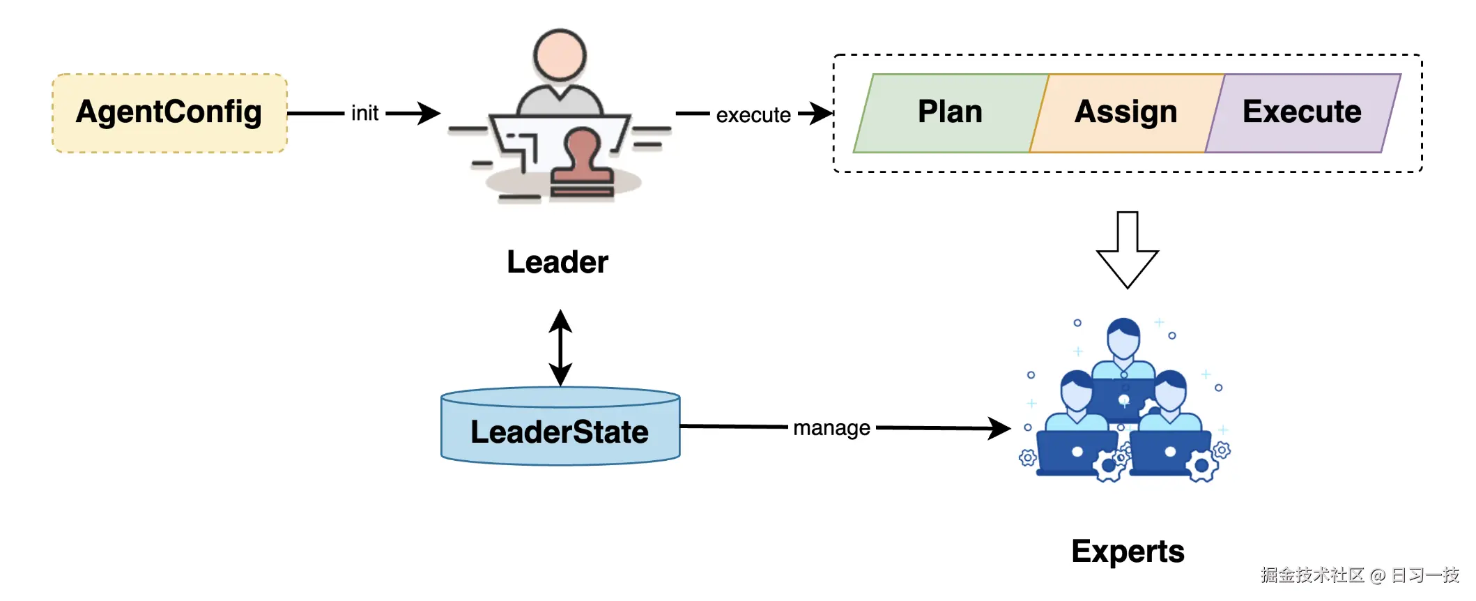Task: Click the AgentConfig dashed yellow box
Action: pos(169,113)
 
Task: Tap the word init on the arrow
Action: pos(364,113)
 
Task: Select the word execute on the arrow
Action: pos(753,115)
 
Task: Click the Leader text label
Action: pos(557,262)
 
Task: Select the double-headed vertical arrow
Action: pos(560,347)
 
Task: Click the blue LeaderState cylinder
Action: pos(560,427)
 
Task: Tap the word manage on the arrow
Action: pos(831,427)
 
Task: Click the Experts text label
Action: pos(1128,551)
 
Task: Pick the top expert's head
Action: pos(1123,337)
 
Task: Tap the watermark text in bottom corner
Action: pos(1359,575)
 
